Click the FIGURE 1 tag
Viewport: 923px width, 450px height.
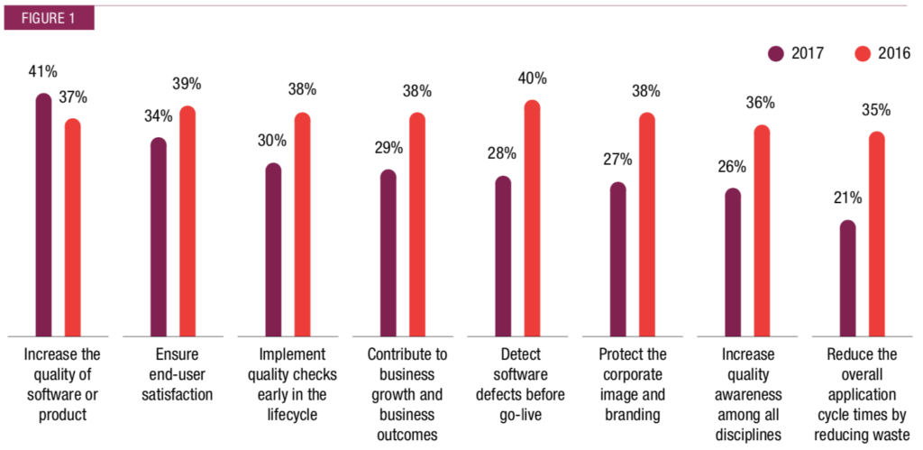48,17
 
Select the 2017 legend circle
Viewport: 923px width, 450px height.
776,54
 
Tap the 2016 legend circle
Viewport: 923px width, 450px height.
862,54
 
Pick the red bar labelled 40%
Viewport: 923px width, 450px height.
533,217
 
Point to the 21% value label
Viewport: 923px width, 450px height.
847,197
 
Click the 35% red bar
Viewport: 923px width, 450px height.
876,234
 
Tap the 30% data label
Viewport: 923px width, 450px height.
271,141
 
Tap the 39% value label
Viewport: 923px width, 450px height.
187,84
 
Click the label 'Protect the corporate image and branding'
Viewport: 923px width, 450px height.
632,383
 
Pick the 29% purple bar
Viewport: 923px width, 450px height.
388,253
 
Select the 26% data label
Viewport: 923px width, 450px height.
732,166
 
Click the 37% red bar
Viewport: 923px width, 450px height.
72,226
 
